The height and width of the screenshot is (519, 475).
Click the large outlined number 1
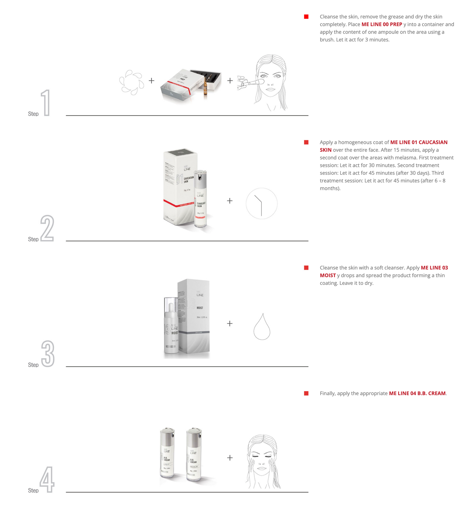46,103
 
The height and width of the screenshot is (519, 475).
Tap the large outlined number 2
47,228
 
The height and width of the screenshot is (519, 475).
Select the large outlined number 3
48,354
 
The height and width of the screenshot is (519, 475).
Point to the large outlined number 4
47,479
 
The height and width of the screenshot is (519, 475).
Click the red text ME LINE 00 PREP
382,24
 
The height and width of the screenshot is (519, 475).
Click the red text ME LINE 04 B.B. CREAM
417,393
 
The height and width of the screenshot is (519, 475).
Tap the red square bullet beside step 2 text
306,142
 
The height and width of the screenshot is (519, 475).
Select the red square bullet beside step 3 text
306,268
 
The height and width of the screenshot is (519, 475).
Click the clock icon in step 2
262,204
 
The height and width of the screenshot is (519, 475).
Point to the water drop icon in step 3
262,327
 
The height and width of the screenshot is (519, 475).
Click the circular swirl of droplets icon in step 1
131,82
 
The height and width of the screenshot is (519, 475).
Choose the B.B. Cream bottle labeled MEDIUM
194,455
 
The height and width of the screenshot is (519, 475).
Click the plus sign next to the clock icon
230,201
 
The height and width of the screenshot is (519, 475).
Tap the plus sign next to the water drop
230,324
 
